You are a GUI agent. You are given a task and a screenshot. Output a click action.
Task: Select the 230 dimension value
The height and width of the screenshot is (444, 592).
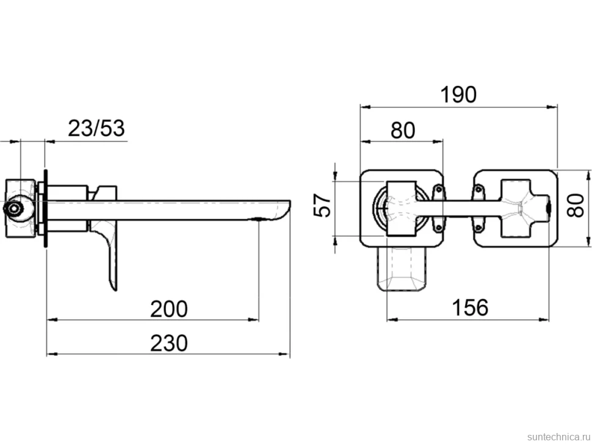169,343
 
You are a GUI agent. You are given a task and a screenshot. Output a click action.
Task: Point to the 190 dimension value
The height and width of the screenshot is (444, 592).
459,95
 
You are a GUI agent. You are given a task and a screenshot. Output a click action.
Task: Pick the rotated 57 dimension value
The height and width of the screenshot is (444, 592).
322,205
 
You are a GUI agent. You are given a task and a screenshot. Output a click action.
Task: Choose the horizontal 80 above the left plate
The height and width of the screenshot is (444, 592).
403,130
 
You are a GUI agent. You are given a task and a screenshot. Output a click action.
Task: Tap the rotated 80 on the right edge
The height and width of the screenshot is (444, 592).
576,205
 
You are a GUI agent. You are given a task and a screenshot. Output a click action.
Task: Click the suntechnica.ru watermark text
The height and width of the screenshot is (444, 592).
558,437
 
